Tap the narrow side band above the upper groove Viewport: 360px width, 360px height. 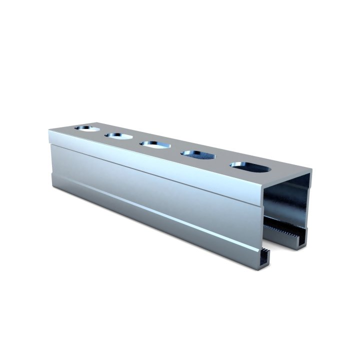(150, 162)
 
